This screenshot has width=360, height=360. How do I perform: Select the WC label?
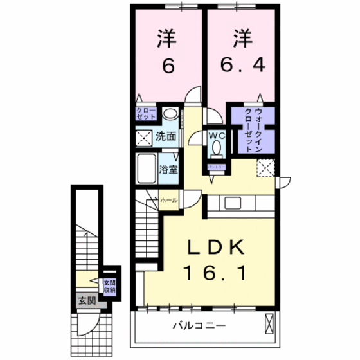pos(215,136)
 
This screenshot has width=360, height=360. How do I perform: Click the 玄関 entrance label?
pos(87,300)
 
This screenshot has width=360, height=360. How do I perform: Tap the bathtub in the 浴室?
pos(148,170)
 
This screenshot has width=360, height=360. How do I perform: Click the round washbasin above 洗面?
pos(170,114)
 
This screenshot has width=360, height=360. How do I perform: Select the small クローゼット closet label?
pos(145,115)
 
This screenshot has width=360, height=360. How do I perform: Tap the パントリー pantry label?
pos(215,166)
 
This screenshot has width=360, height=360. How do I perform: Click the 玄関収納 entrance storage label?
pos(111,286)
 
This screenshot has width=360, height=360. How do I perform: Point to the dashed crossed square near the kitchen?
pos(265,166)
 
